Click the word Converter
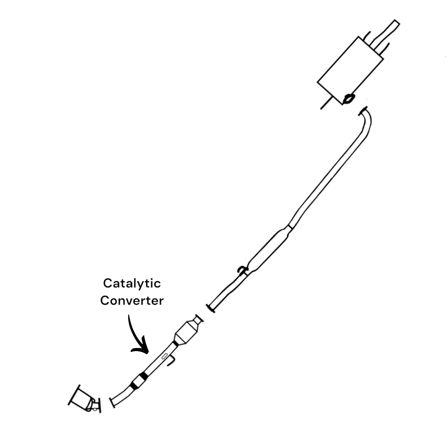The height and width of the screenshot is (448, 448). [132, 301]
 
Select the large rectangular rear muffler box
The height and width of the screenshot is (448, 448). [350, 70]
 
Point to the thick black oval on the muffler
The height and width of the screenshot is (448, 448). [348, 99]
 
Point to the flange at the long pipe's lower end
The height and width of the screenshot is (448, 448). [210, 308]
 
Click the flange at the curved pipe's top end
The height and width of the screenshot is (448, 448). [363, 111]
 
